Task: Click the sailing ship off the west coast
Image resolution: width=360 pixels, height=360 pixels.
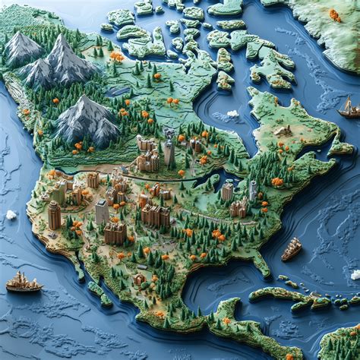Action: pos(24,283)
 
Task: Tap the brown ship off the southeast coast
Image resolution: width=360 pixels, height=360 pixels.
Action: pos(292,248)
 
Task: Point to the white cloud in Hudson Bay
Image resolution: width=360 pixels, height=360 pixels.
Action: pos(232,114)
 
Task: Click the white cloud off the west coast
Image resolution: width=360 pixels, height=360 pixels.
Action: pos(11,215)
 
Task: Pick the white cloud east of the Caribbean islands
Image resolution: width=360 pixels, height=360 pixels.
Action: pos(355,274)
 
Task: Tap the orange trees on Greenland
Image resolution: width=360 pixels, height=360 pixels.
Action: pos(334,14)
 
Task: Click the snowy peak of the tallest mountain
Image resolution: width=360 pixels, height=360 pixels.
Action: pos(62,42)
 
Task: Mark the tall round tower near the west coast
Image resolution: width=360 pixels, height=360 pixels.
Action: pos(54,215)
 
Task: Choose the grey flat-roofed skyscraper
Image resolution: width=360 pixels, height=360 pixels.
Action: pos(101,210)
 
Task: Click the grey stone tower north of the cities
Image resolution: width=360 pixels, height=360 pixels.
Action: pos(168,148)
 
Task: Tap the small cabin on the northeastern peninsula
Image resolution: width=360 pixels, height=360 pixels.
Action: pos(283,131)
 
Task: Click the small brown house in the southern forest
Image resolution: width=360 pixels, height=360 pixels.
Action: pos(139,279)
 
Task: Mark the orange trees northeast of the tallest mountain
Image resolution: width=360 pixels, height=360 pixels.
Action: pos(116,56)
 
